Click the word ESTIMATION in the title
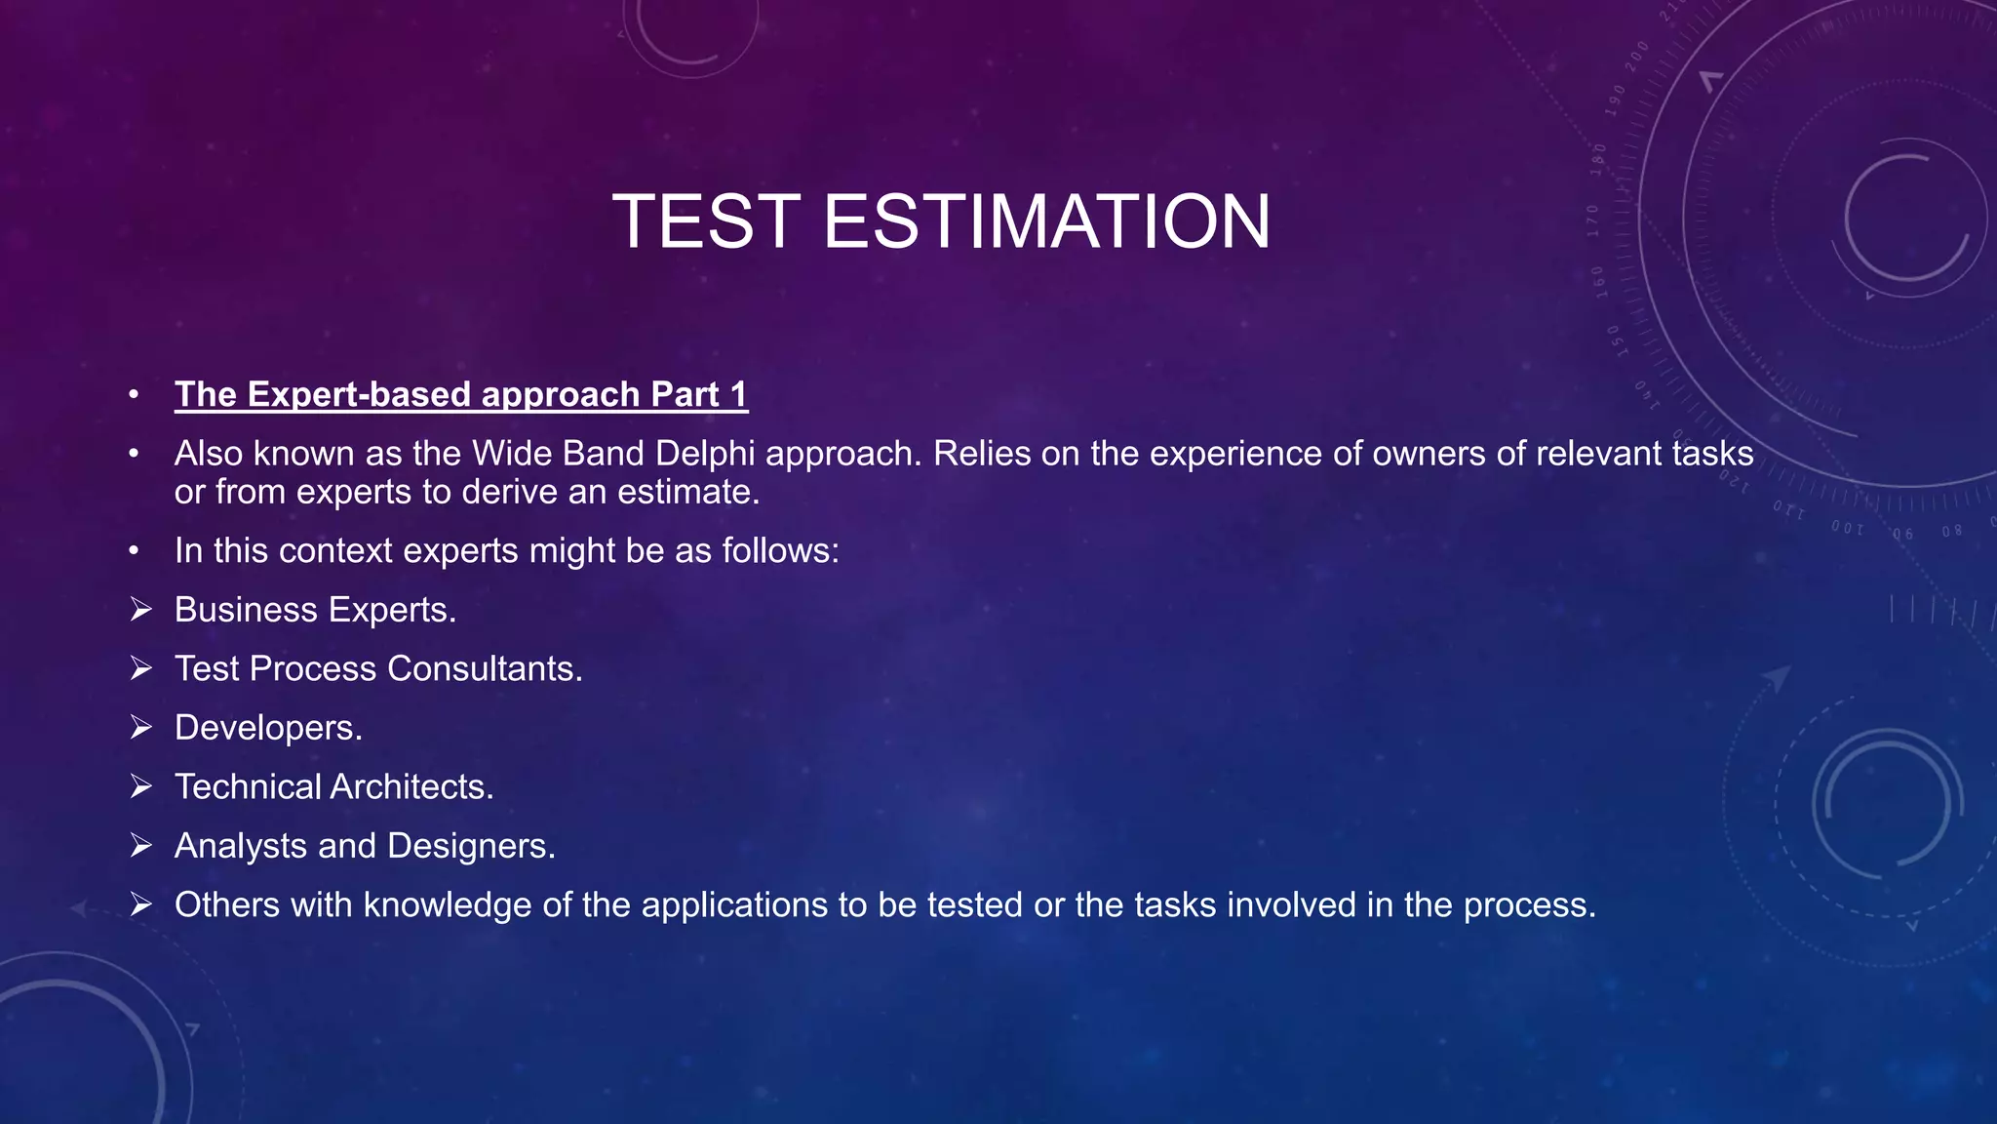pos(1046,221)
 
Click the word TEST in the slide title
pos(706,221)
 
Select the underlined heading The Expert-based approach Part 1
pos(460,394)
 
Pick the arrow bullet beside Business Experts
pos(141,610)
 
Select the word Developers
pos(267,728)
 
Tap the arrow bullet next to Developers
pos(141,728)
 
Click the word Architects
pos(411,787)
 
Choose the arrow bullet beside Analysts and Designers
pos(141,846)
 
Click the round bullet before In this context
pos(134,551)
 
